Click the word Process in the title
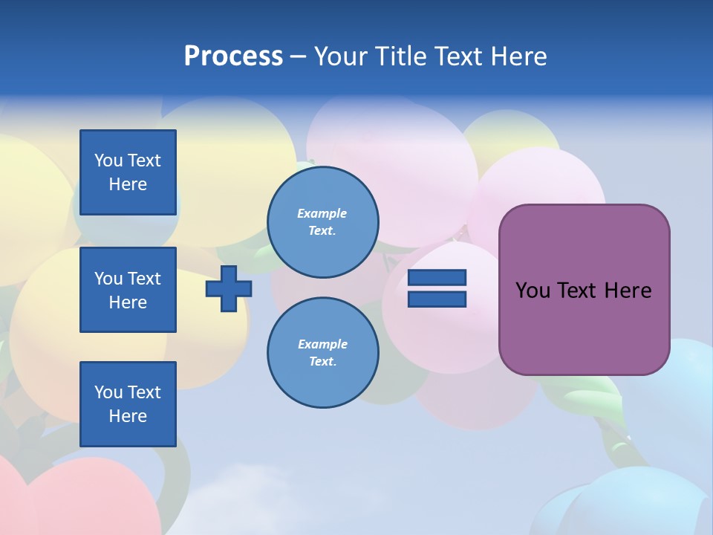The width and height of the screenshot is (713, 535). click(x=233, y=56)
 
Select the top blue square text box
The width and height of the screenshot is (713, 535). click(x=128, y=172)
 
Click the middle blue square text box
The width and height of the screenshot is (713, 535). click(x=128, y=290)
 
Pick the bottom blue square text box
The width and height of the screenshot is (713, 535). click(x=128, y=404)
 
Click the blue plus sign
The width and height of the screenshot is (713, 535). click(x=229, y=288)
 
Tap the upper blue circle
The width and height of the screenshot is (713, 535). click(x=323, y=222)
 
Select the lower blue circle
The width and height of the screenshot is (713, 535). click(x=323, y=353)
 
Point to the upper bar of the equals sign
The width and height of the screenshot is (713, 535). click(x=437, y=278)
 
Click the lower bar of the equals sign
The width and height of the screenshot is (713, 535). click(x=437, y=299)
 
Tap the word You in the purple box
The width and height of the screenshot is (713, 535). click(x=533, y=291)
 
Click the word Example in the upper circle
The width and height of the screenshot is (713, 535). click(x=322, y=213)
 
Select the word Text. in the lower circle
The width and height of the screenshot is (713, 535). click(x=322, y=362)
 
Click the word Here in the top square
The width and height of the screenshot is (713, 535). click(x=128, y=184)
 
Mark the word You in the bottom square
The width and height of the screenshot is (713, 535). click(x=108, y=392)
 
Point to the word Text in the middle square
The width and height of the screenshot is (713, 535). click(x=144, y=279)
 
